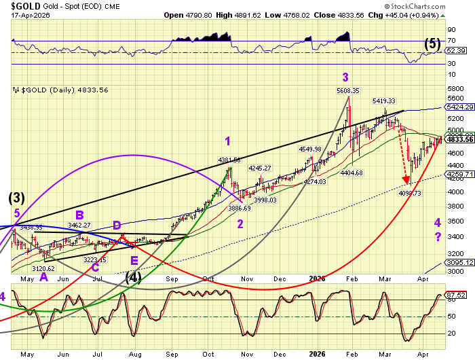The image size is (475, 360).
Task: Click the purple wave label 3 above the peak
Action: [345, 77]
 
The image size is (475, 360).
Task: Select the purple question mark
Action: [438, 236]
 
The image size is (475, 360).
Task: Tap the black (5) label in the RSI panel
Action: [432, 44]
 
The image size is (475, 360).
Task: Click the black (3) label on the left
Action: [16, 198]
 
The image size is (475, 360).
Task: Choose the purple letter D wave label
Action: [117, 225]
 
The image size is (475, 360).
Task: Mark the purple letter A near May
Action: [43, 277]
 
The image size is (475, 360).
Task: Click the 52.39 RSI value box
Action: [455, 51]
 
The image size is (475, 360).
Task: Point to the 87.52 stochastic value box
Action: [455, 295]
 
